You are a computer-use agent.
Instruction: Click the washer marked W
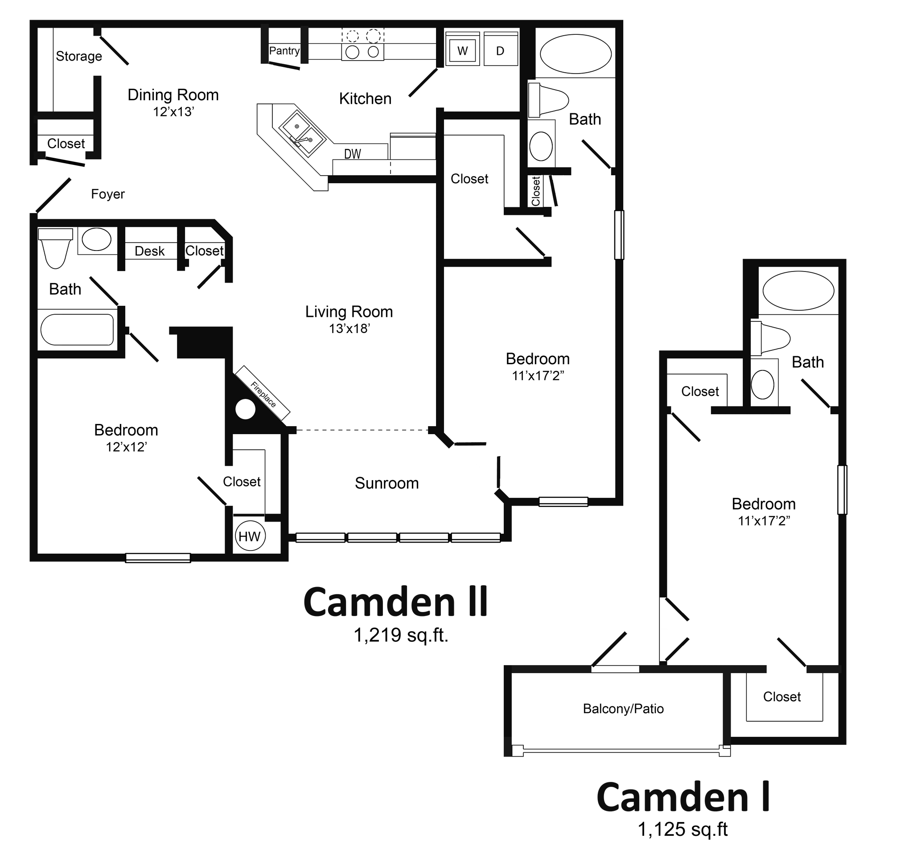point(462,50)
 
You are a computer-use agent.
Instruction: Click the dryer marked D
point(500,50)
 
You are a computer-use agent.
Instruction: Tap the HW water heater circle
point(249,536)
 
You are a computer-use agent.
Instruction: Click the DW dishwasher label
point(353,154)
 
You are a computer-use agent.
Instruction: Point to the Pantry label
point(284,50)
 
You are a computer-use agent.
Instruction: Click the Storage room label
point(79,56)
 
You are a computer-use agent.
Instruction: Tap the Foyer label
point(108,194)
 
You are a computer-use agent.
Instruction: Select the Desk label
point(150,251)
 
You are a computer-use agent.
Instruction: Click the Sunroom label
point(387,483)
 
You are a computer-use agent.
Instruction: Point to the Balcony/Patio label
point(623,708)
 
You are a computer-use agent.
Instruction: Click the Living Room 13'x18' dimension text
point(350,329)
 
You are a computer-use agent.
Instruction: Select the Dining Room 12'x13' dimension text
point(173,111)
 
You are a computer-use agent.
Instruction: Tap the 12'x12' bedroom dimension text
point(126,447)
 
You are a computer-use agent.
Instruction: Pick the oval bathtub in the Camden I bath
point(798,291)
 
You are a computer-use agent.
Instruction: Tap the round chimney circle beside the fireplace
point(245,409)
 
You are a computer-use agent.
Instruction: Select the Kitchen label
point(365,99)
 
